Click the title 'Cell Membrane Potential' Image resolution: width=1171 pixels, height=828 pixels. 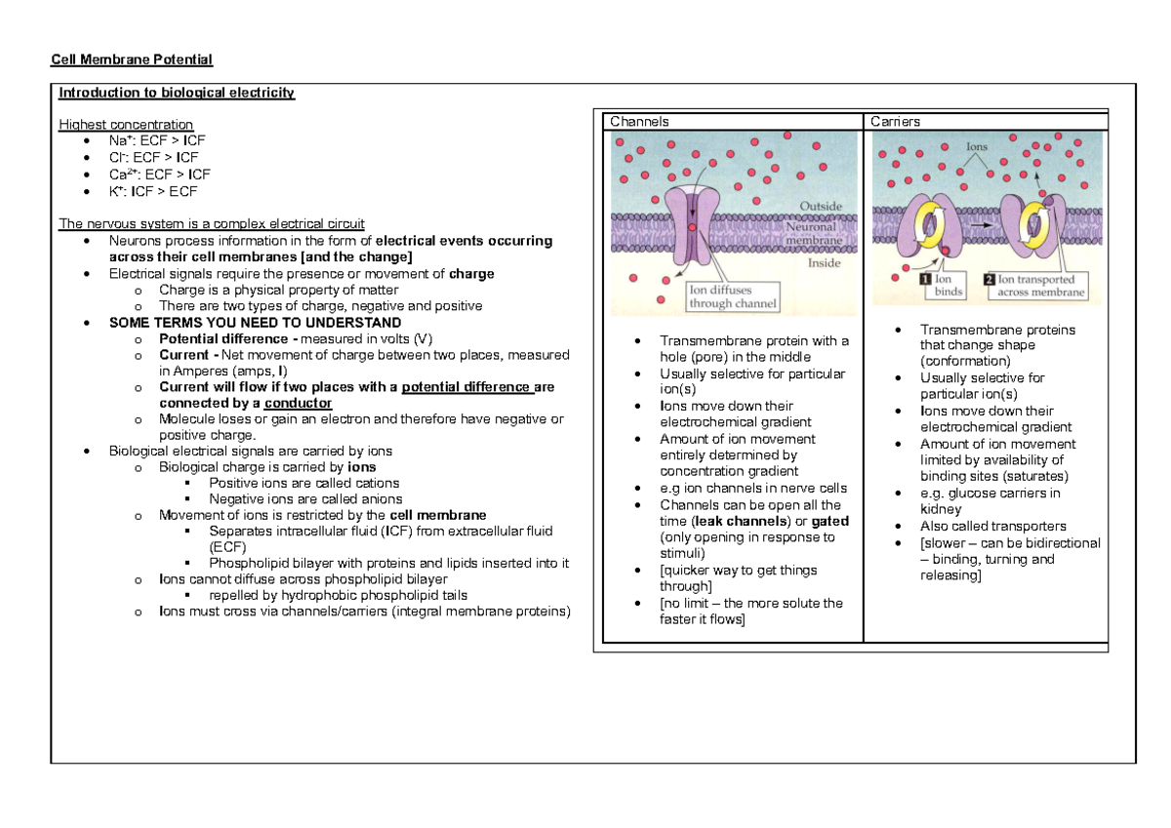pos(132,60)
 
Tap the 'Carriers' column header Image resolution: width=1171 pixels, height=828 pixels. pos(895,122)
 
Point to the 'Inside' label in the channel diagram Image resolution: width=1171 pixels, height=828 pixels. pos(825,263)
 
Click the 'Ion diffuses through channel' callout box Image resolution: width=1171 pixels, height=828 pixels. pos(733,296)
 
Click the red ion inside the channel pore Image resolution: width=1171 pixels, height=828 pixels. pos(692,227)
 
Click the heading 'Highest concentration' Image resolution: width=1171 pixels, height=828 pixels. pos(126,125)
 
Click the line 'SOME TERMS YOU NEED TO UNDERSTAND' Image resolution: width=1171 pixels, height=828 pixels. pos(255,323)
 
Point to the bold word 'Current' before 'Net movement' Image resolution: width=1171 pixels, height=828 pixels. pos(182,355)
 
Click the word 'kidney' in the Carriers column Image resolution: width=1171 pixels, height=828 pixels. pos(942,510)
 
